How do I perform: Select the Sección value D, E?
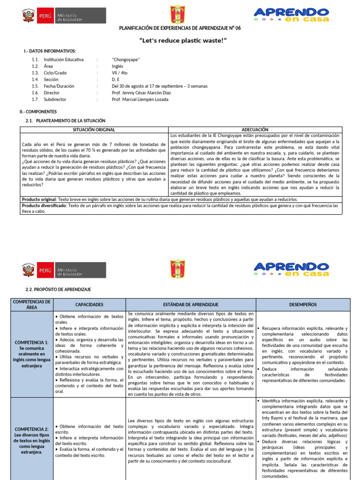117,79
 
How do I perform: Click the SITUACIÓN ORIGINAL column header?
94,129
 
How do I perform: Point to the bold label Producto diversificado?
44,205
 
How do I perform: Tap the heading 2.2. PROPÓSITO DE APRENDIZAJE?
58,290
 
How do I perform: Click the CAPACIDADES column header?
89,304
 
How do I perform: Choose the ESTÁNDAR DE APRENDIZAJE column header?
191,304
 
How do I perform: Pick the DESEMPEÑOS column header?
302,304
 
